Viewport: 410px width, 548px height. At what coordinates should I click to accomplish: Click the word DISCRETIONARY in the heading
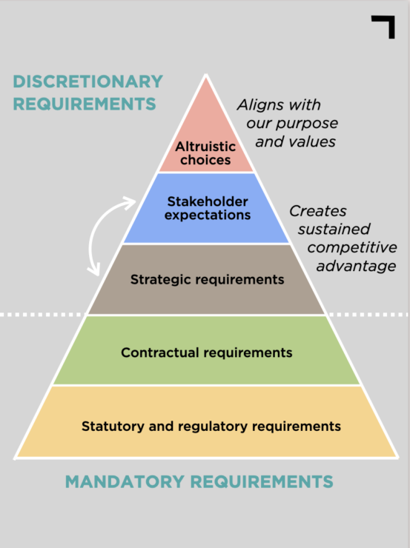(x=87, y=81)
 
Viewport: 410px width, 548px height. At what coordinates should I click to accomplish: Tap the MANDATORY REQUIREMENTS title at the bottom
(x=199, y=481)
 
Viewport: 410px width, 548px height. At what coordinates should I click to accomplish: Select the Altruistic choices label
(x=205, y=153)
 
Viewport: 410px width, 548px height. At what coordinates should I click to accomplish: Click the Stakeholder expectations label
(x=208, y=208)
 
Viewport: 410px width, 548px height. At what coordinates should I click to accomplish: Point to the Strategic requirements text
(x=207, y=280)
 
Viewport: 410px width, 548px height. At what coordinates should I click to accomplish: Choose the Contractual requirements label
(x=206, y=352)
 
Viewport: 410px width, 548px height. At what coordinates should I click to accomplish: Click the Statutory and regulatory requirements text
(x=211, y=427)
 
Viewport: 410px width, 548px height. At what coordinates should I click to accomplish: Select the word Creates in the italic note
(x=317, y=211)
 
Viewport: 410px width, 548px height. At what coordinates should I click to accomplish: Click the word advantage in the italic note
(x=356, y=267)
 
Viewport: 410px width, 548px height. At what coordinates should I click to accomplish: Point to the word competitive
(x=352, y=247)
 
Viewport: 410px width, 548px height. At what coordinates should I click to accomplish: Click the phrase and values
(x=295, y=142)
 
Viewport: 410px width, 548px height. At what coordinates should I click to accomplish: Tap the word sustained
(x=334, y=230)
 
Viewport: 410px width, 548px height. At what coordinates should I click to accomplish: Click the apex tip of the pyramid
(x=206, y=75)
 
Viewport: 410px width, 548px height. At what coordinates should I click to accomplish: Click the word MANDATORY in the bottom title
(x=125, y=481)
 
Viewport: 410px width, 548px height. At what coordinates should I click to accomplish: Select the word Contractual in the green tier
(x=160, y=352)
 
